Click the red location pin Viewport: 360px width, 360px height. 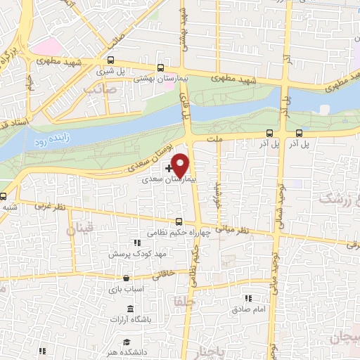click(x=181, y=165)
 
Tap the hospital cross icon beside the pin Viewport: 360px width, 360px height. click(x=169, y=169)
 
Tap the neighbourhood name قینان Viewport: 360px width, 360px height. click(x=79, y=229)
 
